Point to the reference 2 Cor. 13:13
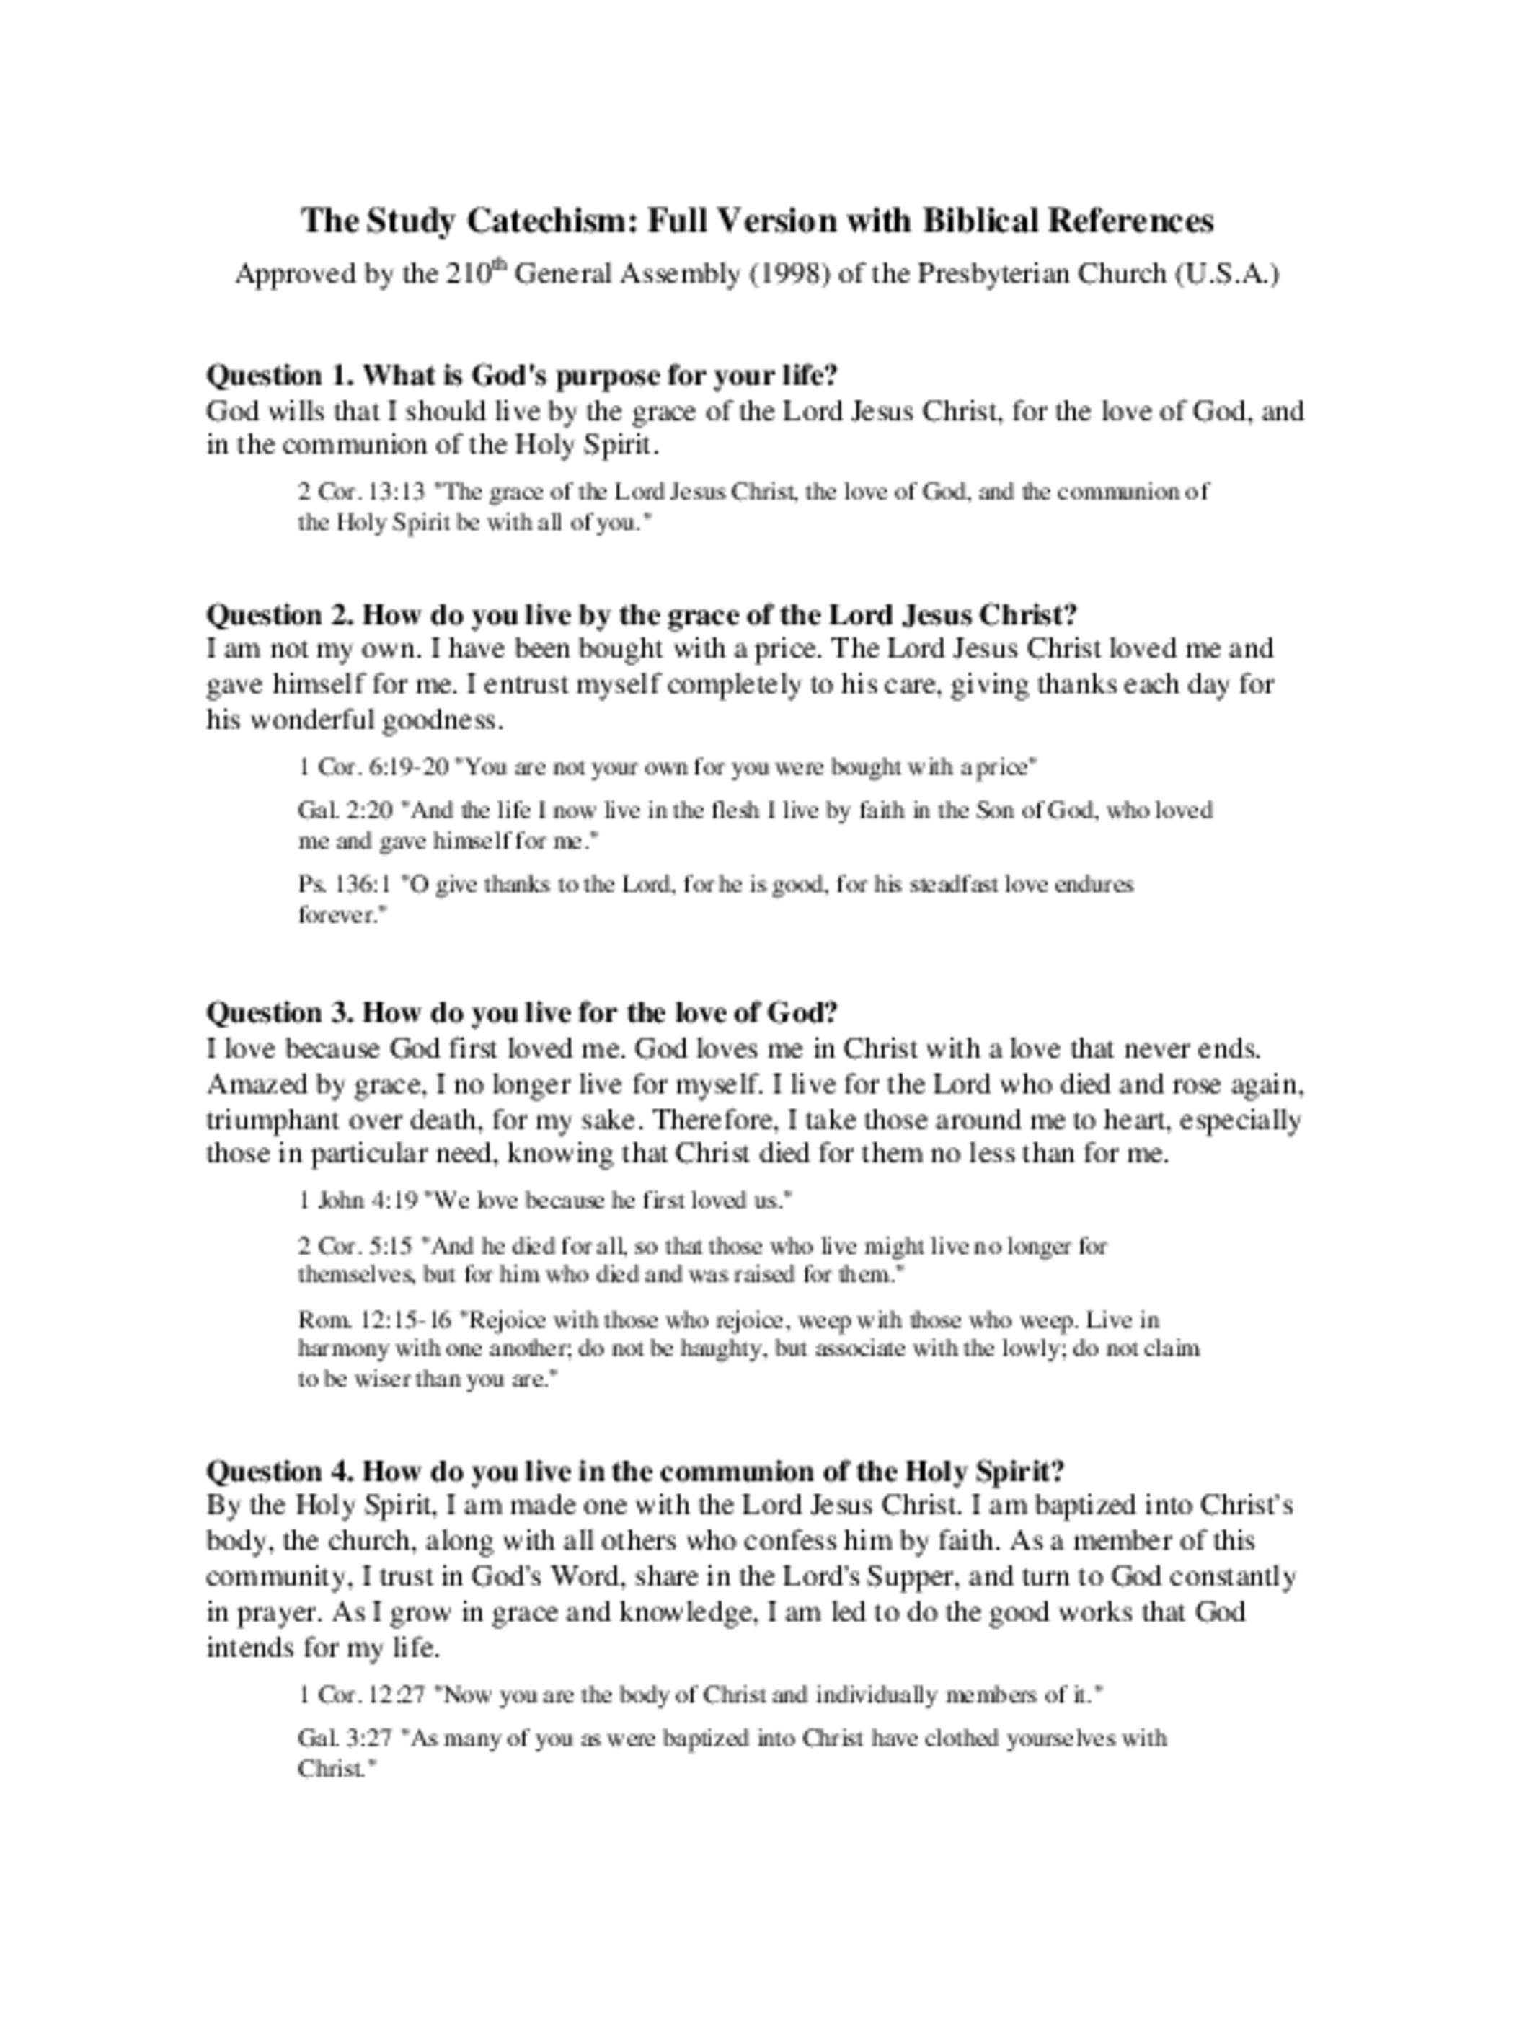coord(361,492)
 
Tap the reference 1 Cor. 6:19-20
coord(373,766)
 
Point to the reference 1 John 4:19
coord(358,1201)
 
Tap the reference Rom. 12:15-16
coord(374,1320)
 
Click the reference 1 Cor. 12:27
coord(361,1695)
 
